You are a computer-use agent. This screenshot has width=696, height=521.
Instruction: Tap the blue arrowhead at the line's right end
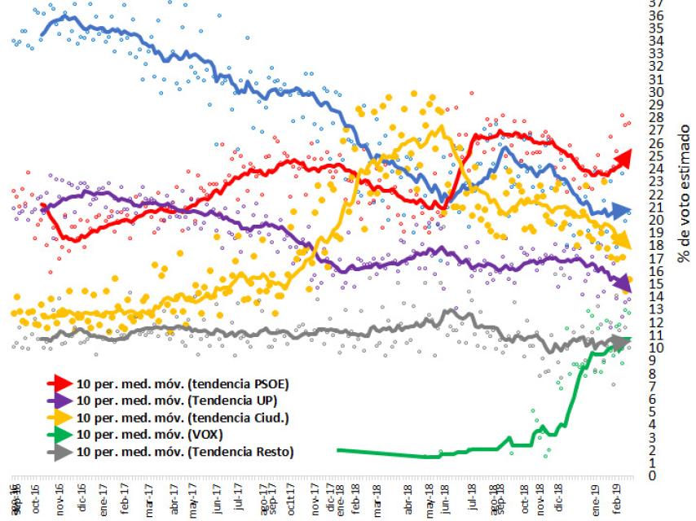pos(623,211)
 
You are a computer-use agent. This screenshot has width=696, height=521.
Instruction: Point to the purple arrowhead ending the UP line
pos(623,282)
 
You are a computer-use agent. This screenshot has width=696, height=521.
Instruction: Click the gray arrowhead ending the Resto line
pos(622,343)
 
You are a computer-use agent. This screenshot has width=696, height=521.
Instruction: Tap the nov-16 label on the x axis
pos(59,501)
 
